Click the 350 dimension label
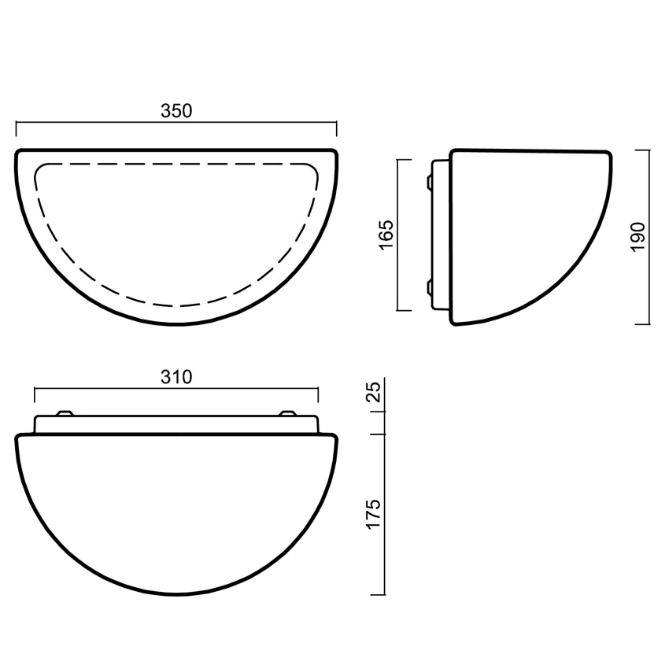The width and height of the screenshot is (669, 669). (176, 111)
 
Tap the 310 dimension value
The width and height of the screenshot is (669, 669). (176, 377)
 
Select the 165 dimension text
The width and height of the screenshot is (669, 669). (386, 235)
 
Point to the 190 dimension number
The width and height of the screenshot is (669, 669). (638, 237)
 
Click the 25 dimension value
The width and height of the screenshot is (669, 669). (374, 392)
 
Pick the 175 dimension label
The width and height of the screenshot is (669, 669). (373, 514)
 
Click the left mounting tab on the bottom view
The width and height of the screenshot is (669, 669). (65, 413)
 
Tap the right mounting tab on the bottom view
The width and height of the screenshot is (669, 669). (286, 413)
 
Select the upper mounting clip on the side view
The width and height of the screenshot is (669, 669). (429, 181)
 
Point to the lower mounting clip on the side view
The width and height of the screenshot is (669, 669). (429, 288)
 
